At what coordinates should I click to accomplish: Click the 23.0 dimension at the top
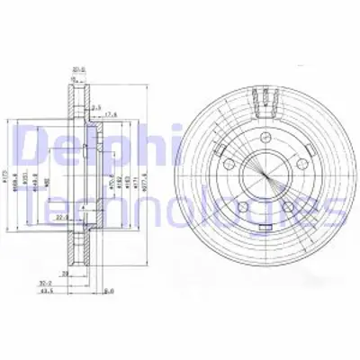(79, 65)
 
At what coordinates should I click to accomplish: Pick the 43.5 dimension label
(69, 291)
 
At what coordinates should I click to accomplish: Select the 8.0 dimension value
(108, 291)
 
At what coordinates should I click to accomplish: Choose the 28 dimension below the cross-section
(65, 271)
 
